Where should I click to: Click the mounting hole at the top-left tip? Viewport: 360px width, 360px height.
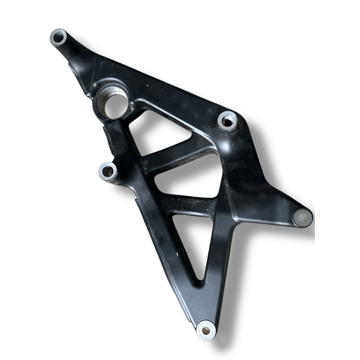click(58, 36)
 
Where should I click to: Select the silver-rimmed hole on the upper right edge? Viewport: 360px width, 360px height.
click(228, 121)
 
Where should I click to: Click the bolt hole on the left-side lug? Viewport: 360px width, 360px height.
click(108, 172)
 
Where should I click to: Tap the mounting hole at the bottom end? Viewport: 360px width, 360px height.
click(205, 330)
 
